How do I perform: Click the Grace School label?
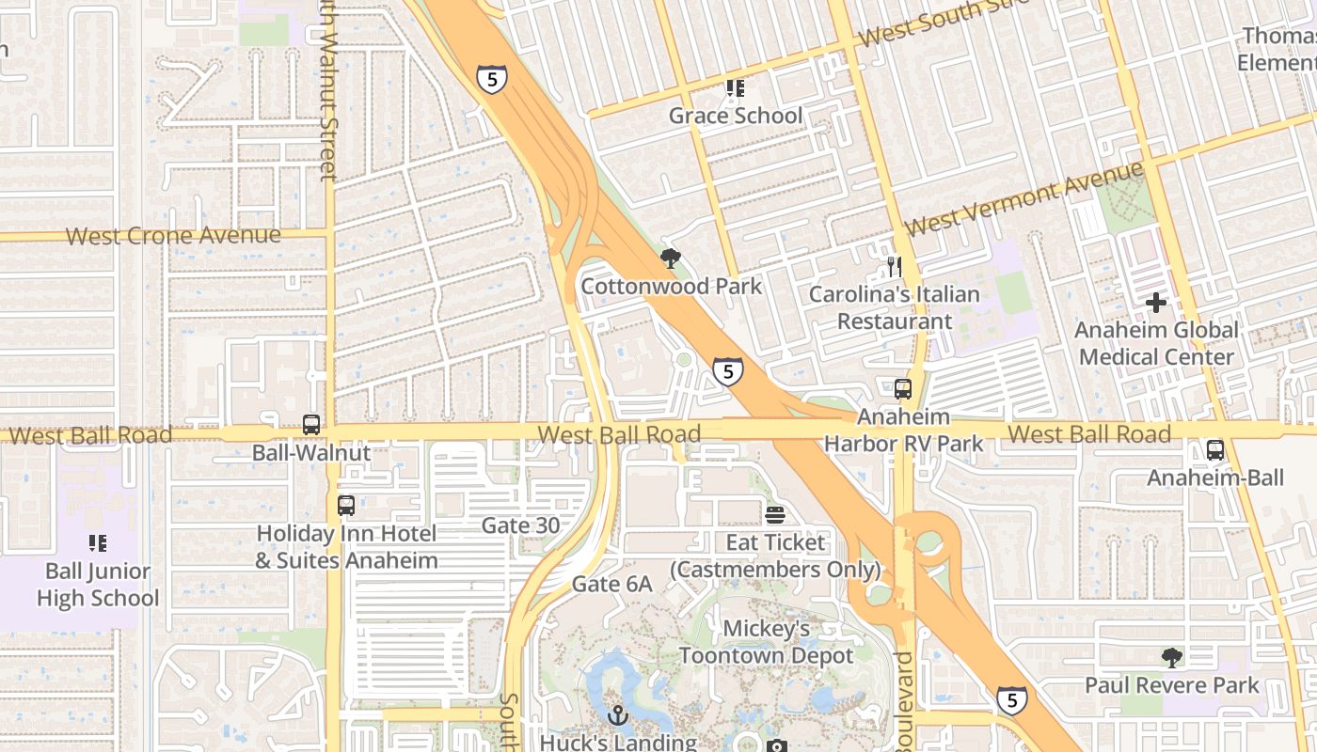tap(736, 116)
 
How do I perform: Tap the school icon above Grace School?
tap(735, 88)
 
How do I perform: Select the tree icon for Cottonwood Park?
tap(671, 258)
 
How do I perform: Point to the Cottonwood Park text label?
tap(671, 285)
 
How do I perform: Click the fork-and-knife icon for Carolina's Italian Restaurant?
tap(894, 267)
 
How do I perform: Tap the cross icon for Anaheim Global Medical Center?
tap(1156, 303)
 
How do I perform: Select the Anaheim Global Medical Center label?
tap(1156, 343)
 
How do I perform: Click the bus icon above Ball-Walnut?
tap(311, 425)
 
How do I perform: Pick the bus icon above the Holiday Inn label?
tap(346, 506)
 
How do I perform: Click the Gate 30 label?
tap(520, 525)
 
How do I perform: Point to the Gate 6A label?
tap(611, 584)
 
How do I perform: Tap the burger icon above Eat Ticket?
tap(775, 515)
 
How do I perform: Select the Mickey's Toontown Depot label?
tap(766, 642)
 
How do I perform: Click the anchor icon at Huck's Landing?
tap(617, 715)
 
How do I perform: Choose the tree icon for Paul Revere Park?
tap(1171, 657)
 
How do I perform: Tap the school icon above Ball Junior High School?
tap(98, 543)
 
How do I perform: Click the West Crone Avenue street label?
tap(173, 235)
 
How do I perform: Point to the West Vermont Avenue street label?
tap(1023, 199)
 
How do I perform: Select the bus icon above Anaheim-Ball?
tap(1215, 450)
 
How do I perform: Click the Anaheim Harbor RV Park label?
tap(903, 430)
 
